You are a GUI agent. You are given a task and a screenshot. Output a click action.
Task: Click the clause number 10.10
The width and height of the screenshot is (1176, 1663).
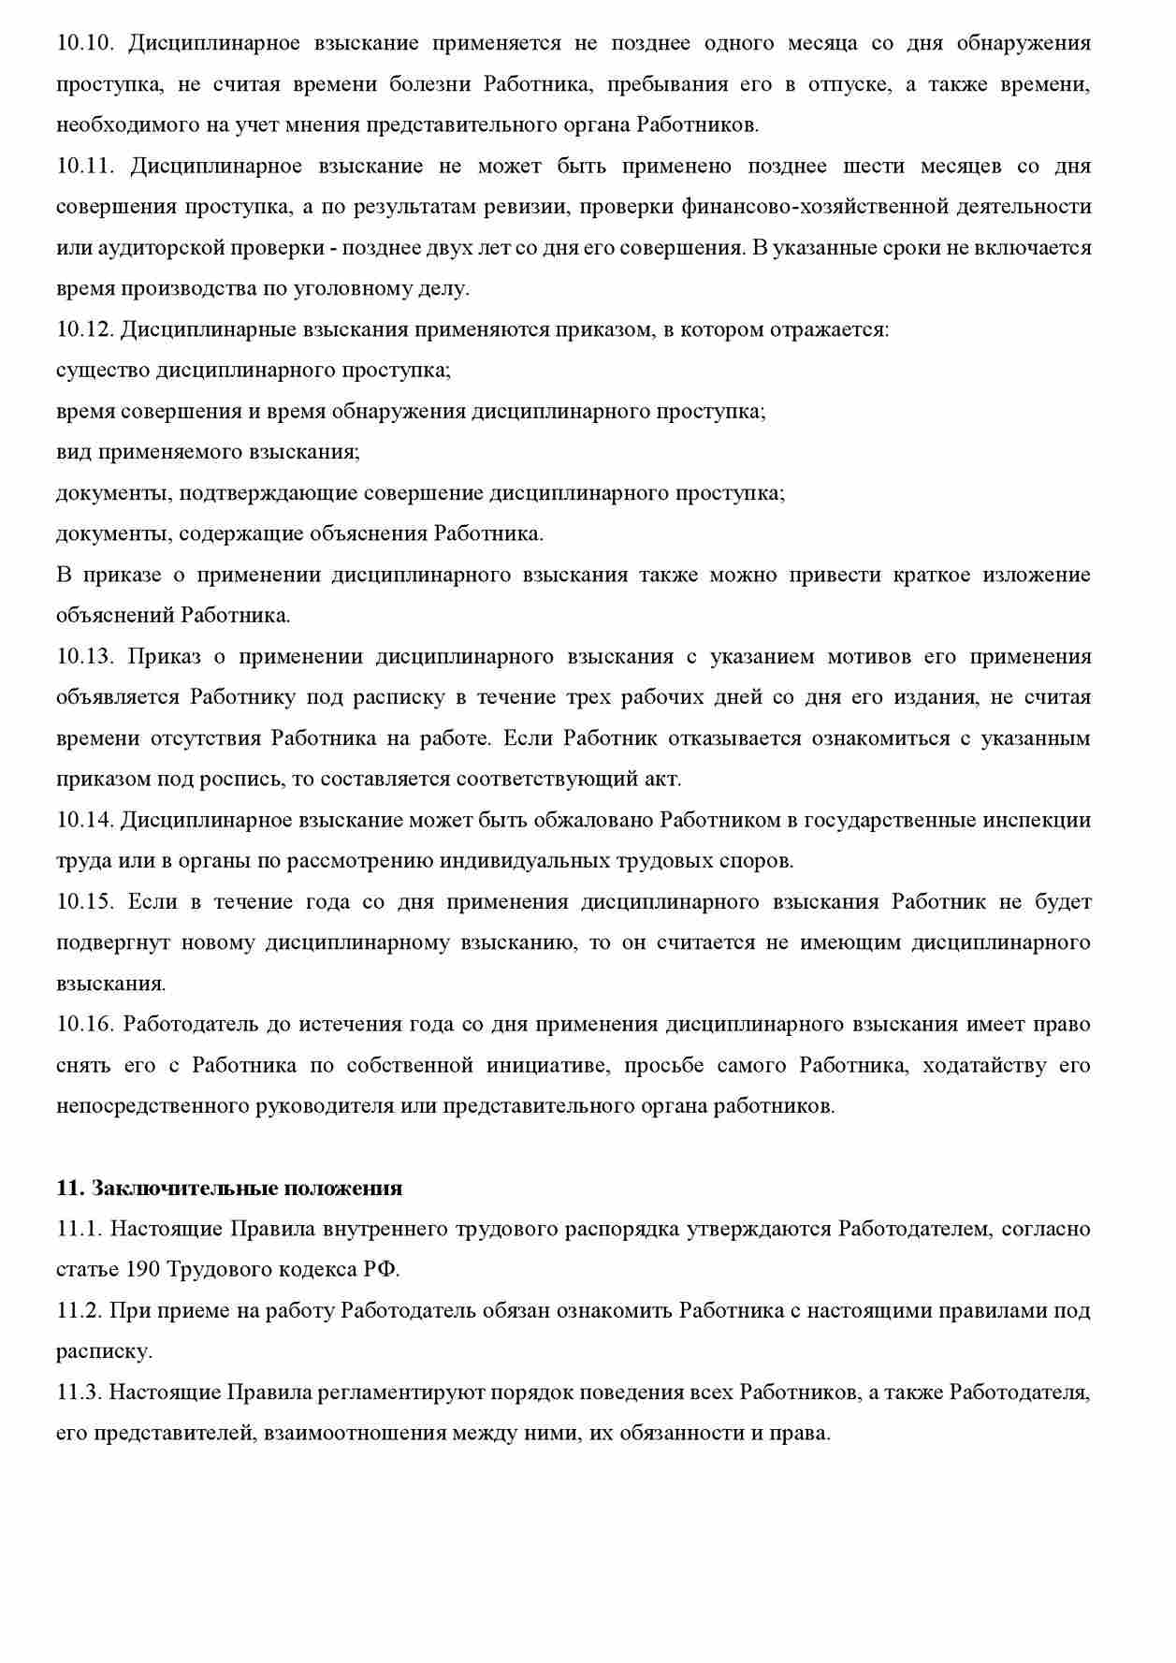pyautogui.click(x=85, y=43)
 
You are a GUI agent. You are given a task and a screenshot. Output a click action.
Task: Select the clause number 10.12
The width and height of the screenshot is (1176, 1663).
pyautogui.click(x=85, y=329)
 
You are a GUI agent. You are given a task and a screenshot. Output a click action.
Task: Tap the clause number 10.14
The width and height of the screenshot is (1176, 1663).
pyautogui.click(x=85, y=820)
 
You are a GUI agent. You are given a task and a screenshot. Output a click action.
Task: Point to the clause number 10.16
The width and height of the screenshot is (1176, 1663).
pyautogui.click(x=85, y=1024)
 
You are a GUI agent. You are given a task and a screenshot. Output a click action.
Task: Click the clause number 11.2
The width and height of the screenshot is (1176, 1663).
pyautogui.click(x=80, y=1310)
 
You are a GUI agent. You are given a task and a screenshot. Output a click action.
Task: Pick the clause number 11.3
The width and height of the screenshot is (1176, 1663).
pyautogui.click(x=80, y=1392)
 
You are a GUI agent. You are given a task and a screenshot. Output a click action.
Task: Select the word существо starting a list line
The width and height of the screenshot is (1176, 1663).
pyautogui.click(x=102, y=371)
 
